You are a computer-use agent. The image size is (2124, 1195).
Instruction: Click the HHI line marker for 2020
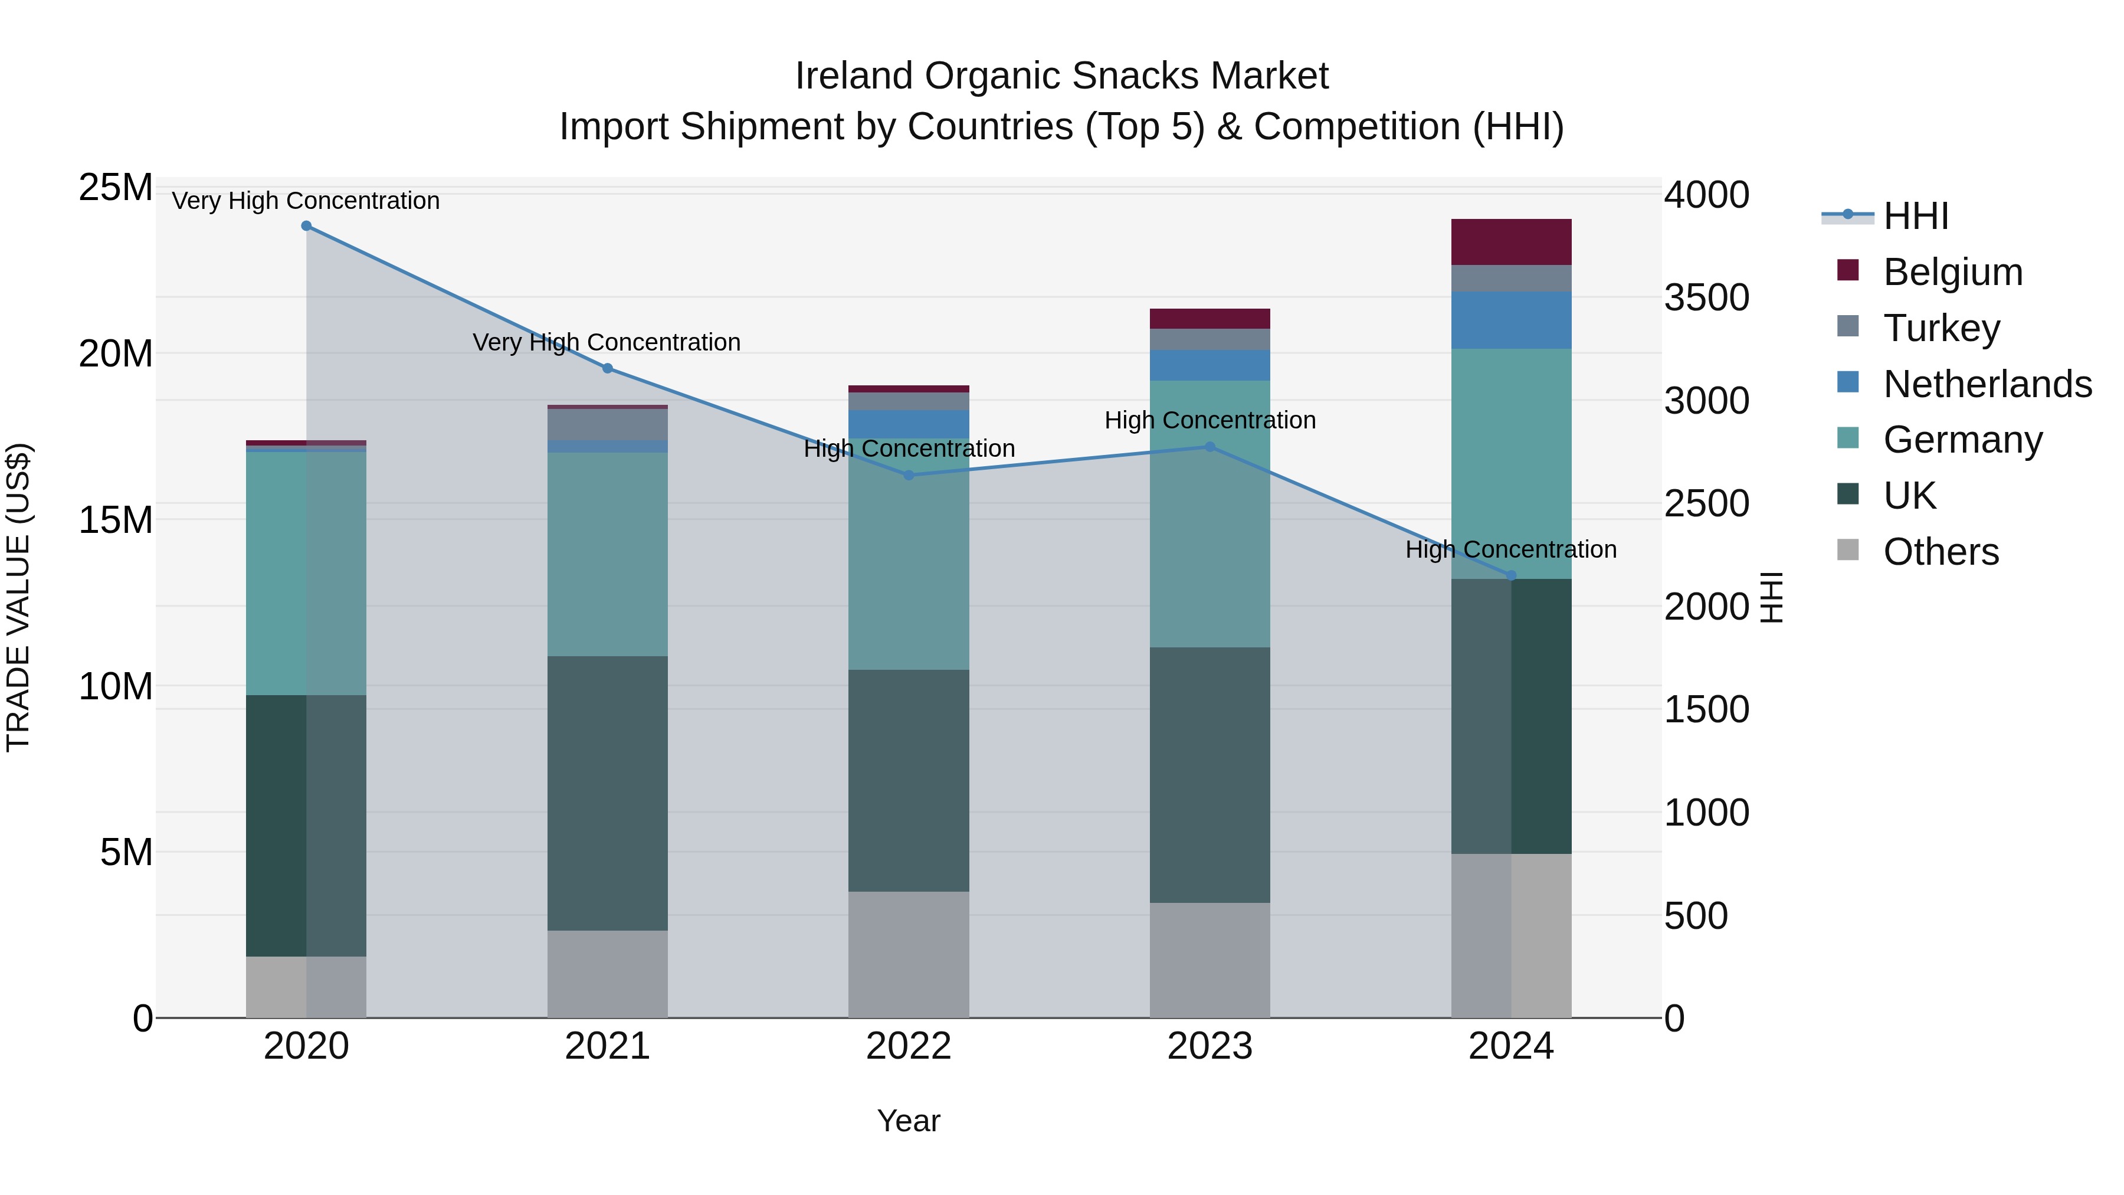(306, 226)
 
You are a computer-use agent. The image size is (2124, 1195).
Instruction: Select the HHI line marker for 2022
(909, 475)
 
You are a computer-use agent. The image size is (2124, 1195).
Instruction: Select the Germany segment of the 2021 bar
(608, 554)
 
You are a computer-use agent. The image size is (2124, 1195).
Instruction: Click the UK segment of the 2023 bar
(1209, 775)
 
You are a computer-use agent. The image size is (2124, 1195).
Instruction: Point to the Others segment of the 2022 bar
(909, 954)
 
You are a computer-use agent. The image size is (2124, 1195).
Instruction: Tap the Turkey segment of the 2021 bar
(608, 425)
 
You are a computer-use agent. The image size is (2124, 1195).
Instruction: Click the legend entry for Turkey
(1941, 328)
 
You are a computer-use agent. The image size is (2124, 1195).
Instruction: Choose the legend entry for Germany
(1962, 440)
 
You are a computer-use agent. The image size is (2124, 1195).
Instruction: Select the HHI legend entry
(1915, 216)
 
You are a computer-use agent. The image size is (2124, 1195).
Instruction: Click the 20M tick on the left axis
(116, 354)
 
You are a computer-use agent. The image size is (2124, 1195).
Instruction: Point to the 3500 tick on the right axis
(1706, 298)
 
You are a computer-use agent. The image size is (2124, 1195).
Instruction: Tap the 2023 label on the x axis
(1209, 1046)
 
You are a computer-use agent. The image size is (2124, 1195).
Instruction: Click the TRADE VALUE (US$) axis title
(18, 597)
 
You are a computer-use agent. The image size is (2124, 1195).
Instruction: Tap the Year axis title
(909, 1121)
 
